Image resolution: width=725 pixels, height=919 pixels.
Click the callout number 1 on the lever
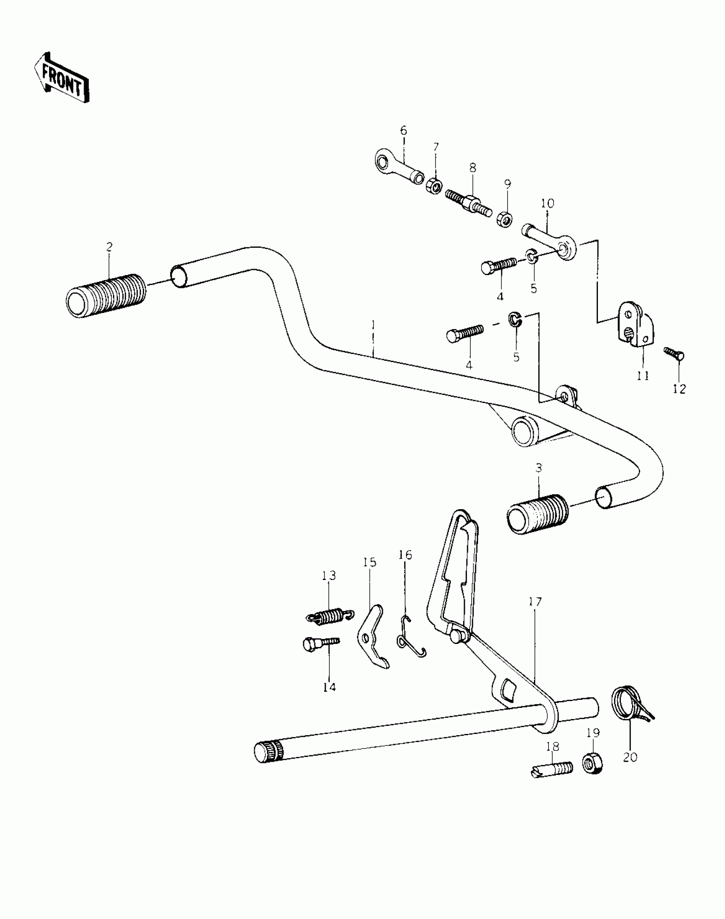tap(373, 325)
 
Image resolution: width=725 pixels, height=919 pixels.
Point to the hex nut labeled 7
tap(434, 186)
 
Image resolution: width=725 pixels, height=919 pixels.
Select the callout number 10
tap(548, 203)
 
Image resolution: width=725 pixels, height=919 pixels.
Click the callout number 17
tap(535, 602)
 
